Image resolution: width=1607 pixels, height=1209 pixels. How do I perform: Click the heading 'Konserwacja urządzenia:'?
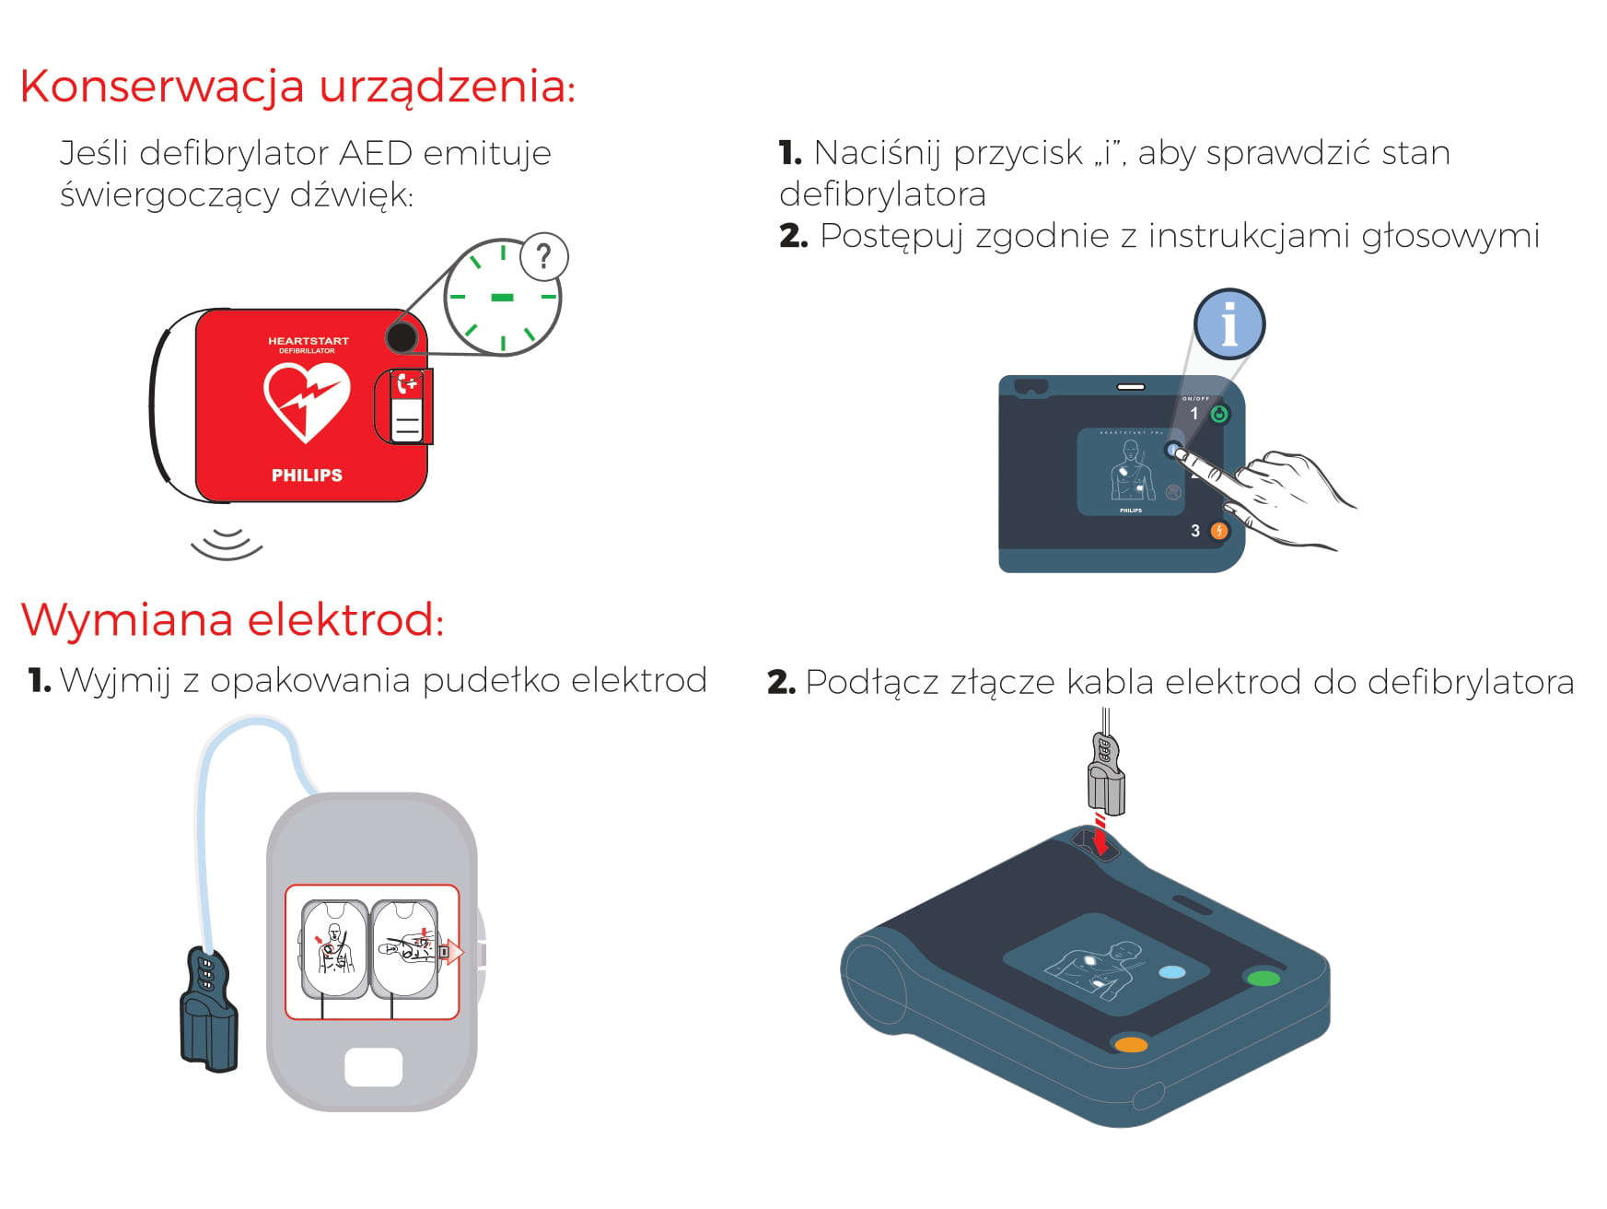[x=297, y=88]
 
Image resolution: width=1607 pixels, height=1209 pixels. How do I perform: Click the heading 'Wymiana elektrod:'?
[x=232, y=618]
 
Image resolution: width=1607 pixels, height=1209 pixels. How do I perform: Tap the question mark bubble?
[x=544, y=257]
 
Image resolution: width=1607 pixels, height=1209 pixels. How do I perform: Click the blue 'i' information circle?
[x=1229, y=324]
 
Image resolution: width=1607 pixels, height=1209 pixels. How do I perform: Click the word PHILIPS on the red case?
[x=307, y=475]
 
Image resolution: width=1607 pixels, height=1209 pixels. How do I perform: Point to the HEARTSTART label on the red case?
[x=309, y=341]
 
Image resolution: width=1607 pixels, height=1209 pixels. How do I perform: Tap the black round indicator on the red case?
[x=402, y=337]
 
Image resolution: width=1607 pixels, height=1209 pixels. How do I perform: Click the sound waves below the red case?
[x=227, y=544]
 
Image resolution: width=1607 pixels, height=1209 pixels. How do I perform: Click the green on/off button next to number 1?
[x=1219, y=414]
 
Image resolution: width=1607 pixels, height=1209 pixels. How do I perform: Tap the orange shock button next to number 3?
[x=1218, y=531]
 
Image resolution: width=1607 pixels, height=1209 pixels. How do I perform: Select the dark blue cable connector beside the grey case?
[x=209, y=1009]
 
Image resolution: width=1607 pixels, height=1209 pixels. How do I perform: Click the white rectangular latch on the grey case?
[x=373, y=1067]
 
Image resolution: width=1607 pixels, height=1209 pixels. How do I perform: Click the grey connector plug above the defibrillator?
[x=1106, y=773]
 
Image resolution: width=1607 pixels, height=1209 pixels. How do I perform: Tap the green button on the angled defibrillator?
[x=1263, y=977]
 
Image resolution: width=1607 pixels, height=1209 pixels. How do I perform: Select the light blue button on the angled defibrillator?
[x=1171, y=972]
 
